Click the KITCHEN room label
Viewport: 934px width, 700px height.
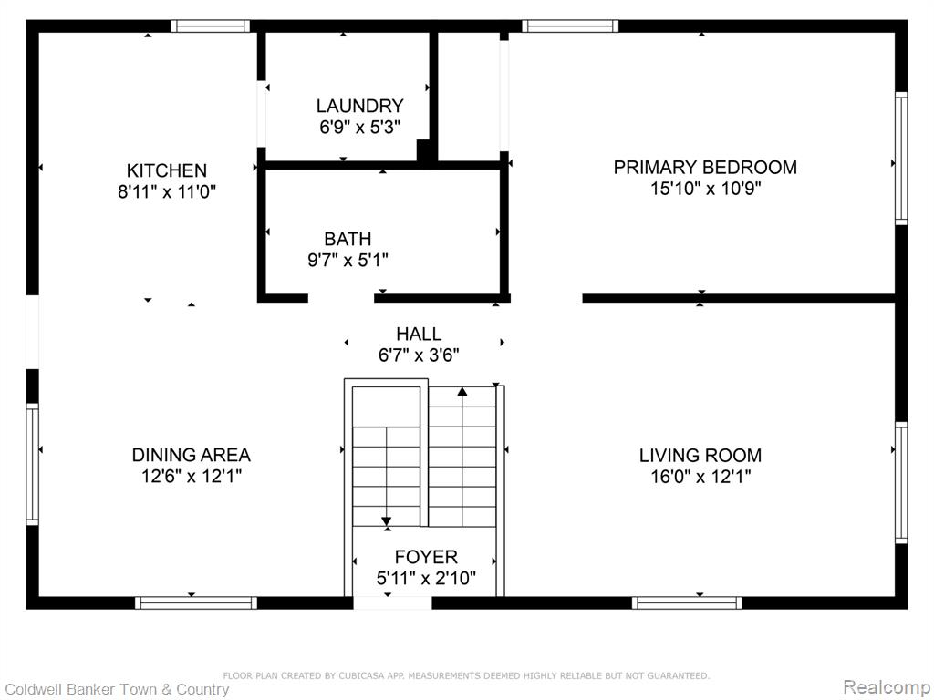click(x=167, y=170)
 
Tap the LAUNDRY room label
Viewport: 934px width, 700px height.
click(x=359, y=106)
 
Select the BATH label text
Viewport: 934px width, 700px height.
click(x=348, y=239)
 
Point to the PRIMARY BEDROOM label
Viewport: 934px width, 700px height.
click(x=705, y=168)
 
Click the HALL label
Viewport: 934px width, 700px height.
click(x=419, y=334)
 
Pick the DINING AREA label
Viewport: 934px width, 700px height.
click(x=192, y=455)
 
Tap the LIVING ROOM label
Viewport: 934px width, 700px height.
click(x=700, y=456)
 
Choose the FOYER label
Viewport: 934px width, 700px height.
click(x=427, y=557)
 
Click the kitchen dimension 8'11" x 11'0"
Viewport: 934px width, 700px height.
click(x=167, y=191)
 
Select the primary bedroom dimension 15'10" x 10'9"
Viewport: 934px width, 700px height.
click(x=706, y=189)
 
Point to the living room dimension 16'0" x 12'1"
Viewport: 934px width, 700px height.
click(x=701, y=477)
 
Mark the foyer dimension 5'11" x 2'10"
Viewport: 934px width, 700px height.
click(x=427, y=578)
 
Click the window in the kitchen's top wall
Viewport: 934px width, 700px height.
click(x=211, y=26)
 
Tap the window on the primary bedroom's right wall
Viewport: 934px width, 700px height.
click(x=901, y=159)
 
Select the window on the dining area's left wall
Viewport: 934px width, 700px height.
click(x=32, y=464)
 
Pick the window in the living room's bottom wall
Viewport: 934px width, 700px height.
click(x=687, y=603)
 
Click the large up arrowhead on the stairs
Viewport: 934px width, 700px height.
click(x=462, y=391)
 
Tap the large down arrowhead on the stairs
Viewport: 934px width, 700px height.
click(x=387, y=521)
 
